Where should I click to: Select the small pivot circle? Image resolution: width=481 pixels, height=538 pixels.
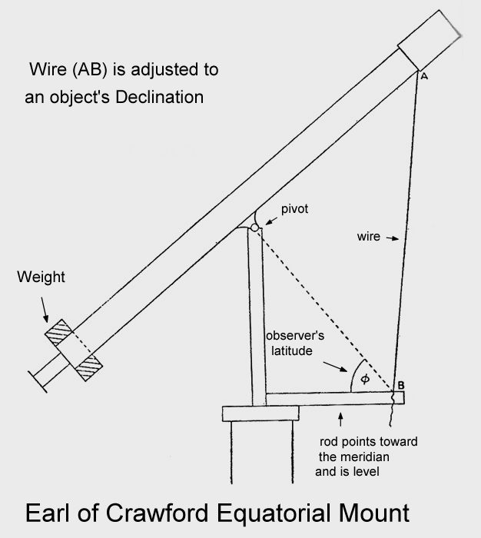click(255, 227)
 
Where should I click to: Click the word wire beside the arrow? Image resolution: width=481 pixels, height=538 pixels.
click(369, 237)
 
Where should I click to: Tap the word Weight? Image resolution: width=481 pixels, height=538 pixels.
click(41, 277)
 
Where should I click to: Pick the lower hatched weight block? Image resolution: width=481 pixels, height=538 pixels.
click(89, 368)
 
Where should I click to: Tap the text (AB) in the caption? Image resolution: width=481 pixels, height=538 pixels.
click(80, 70)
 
